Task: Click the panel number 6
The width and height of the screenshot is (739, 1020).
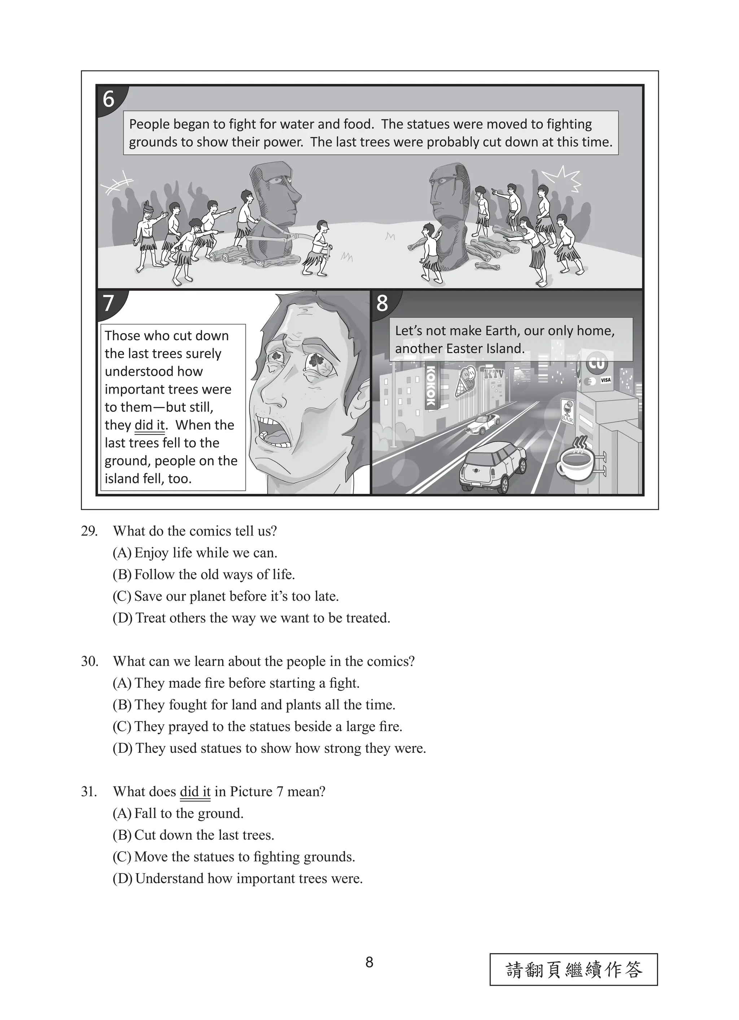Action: tap(109, 99)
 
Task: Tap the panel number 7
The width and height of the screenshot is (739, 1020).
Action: tap(108, 304)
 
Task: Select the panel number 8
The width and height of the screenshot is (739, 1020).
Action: tap(382, 304)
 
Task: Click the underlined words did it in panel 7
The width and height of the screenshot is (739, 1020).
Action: tap(150, 425)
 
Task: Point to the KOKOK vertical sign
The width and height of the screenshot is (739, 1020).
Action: tap(431, 386)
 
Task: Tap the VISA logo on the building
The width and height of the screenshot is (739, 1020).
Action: tap(605, 380)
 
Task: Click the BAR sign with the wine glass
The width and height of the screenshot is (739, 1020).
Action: tap(567, 410)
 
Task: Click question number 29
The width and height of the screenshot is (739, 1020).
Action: tap(89, 531)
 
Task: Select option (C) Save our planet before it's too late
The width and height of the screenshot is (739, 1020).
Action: tap(225, 596)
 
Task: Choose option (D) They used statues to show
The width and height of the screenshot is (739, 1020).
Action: tap(269, 748)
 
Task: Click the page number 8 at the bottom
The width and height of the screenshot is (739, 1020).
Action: tap(369, 962)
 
